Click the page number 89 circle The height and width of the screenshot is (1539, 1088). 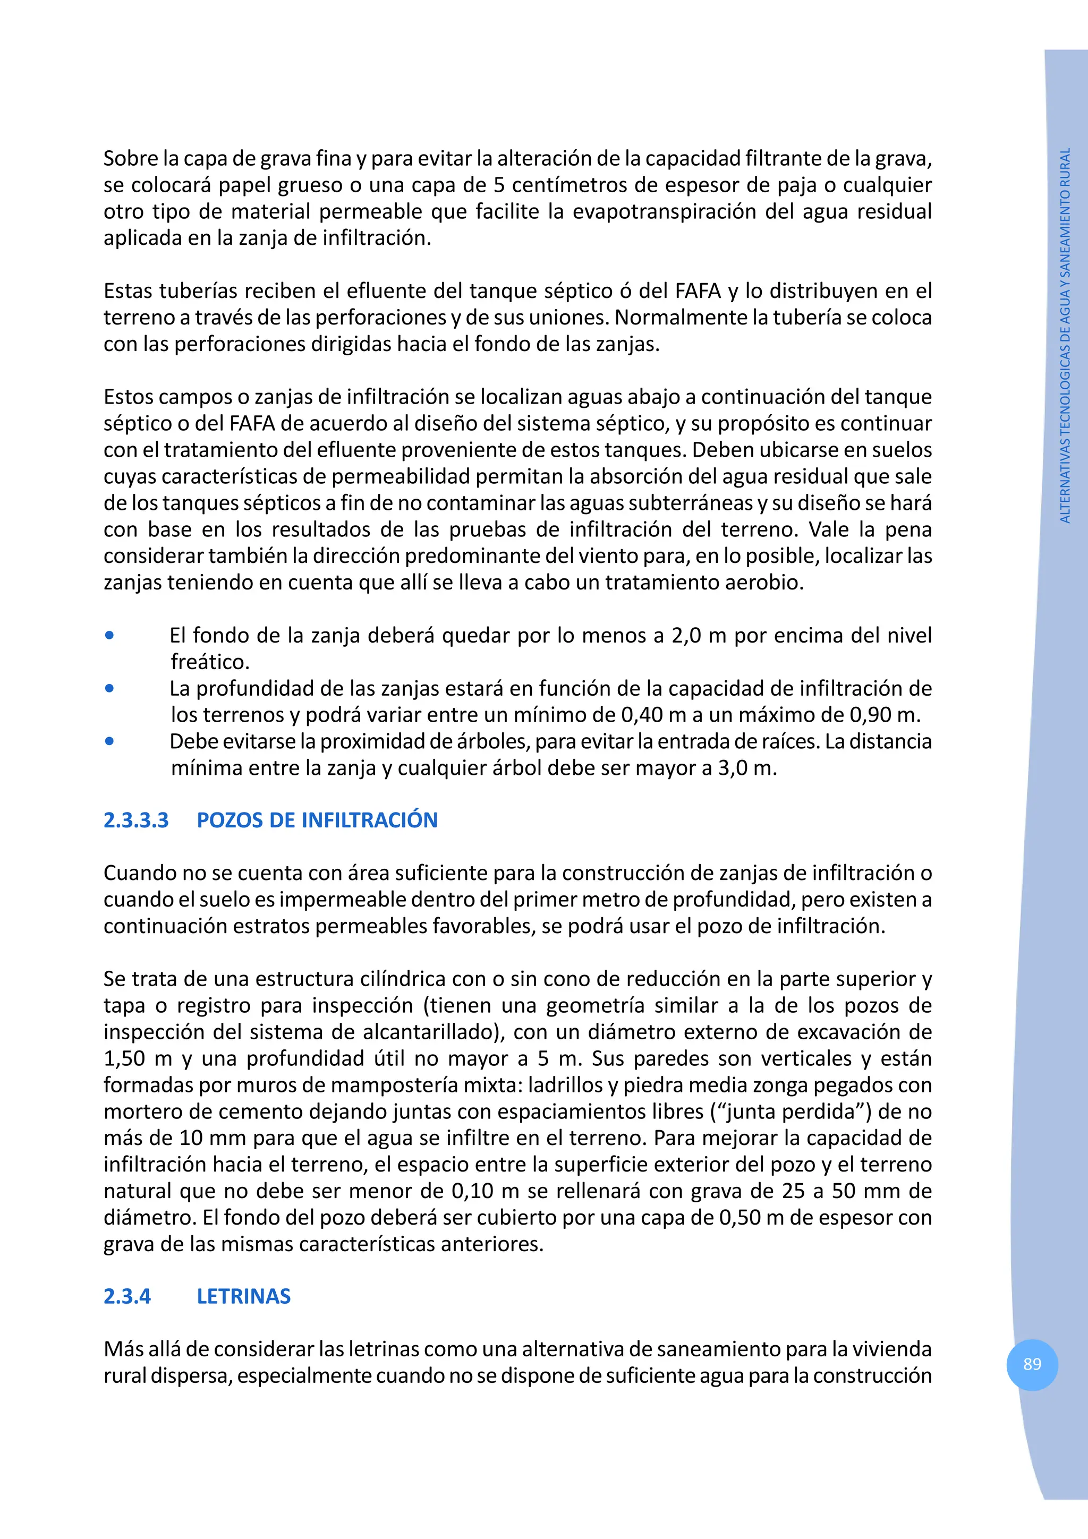[x=1032, y=1364]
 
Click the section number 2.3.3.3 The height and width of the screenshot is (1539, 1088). [x=136, y=820]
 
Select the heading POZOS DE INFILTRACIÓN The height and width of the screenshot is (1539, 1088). [x=317, y=820]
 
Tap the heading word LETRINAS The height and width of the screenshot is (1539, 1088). [x=243, y=1296]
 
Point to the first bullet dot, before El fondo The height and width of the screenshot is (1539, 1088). [x=109, y=635]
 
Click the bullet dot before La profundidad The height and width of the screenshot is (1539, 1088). [x=109, y=688]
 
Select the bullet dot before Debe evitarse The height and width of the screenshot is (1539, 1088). [x=109, y=741]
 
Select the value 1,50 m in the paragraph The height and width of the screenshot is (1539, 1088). [x=138, y=1058]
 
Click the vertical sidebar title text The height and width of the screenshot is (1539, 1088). [x=1065, y=335]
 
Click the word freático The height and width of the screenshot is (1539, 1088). [x=209, y=662]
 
